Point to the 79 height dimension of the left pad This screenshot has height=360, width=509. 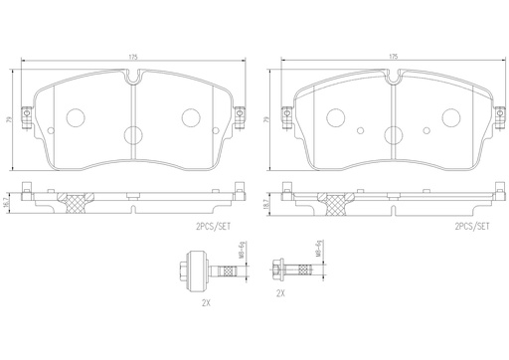pos(7,118)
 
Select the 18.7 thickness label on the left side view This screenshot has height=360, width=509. pos(7,202)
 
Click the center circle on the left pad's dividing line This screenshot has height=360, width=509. pos(133,137)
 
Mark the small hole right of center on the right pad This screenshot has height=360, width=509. pos(427,129)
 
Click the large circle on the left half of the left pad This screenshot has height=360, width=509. pos(76,117)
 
